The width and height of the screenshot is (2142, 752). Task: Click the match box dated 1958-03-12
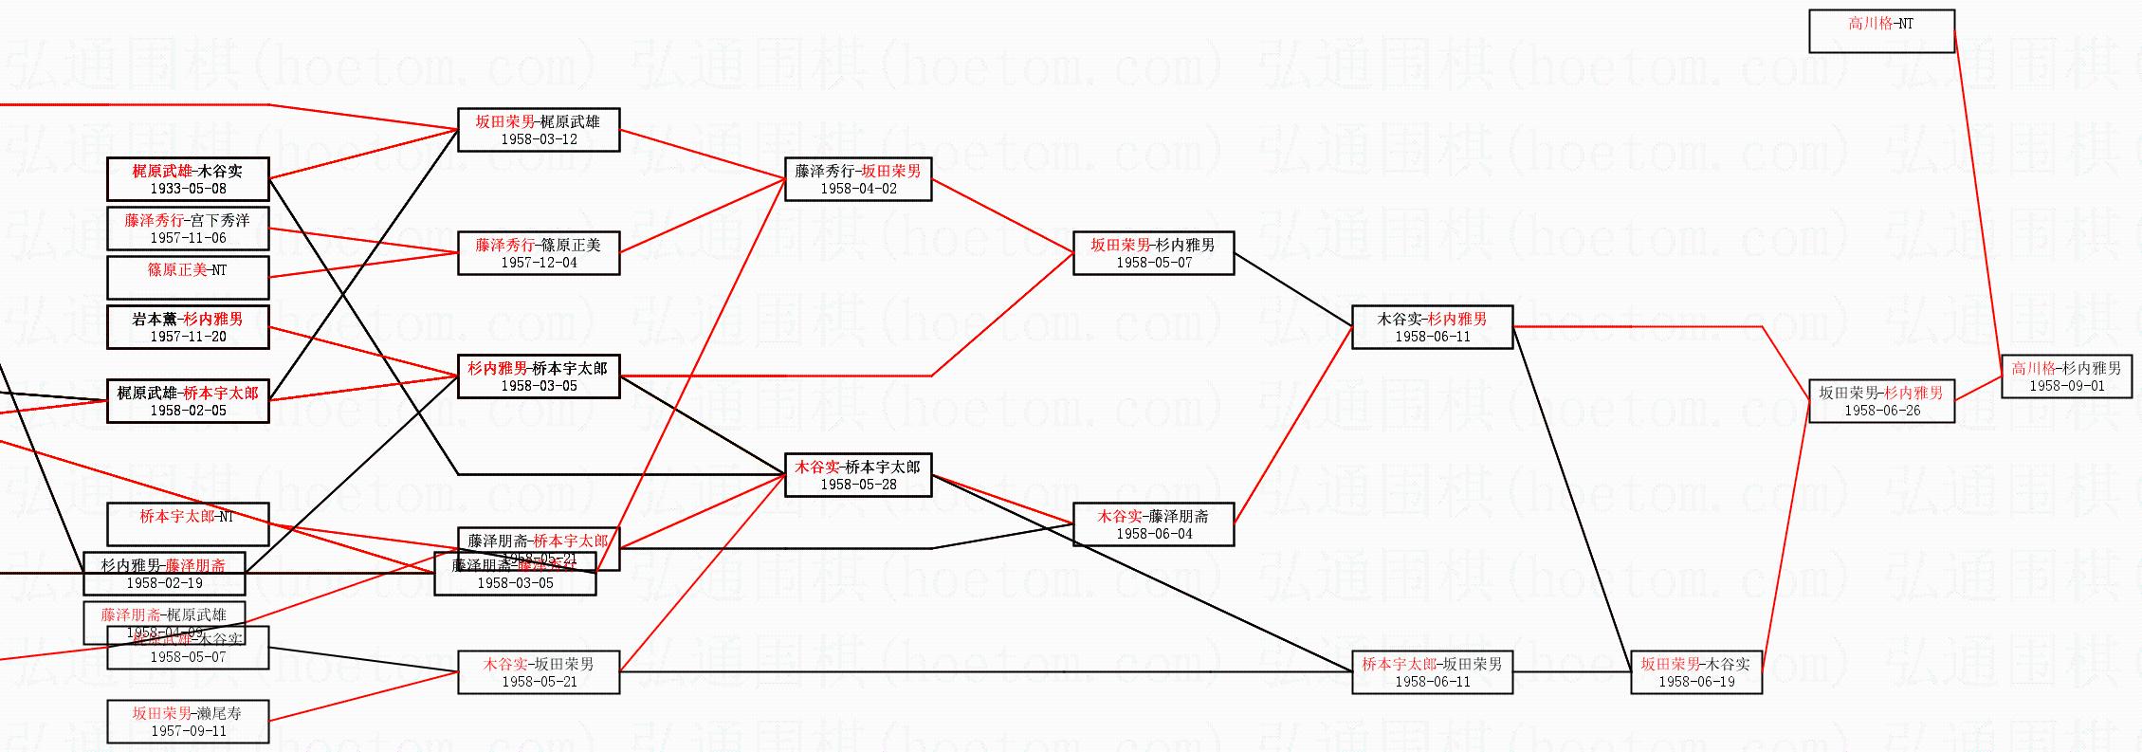(539, 130)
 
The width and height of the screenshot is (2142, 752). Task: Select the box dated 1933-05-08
(188, 179)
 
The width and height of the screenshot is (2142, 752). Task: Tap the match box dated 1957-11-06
(188, 229)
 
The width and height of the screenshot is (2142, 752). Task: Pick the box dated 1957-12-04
(539, 253)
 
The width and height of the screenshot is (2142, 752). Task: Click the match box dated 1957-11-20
(188, 327)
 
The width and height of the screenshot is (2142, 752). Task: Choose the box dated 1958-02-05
(188, 401)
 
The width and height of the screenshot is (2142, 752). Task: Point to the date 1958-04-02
(858, 189)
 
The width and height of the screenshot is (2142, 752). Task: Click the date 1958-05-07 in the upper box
(1153, 263)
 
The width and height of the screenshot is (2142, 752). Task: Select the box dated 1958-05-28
(858, 475)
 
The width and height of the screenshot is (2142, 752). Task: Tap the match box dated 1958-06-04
(1153, 524)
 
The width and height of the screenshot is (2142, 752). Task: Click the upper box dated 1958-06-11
(1432, 327)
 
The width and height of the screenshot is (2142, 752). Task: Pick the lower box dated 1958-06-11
(1432, 672)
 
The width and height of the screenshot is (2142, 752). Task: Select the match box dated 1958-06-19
(1695, 672)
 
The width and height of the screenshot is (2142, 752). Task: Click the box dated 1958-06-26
(1881, 401)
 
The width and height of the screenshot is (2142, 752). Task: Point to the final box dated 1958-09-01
(2066, 376)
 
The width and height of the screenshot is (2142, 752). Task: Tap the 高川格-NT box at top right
(1881, 31)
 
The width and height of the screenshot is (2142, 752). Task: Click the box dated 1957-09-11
(188, 722)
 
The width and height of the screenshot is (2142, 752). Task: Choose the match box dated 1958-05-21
(539, 672)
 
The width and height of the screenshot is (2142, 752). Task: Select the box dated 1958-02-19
(164, 574)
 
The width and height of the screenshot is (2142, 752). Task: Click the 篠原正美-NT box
(188, 278)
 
